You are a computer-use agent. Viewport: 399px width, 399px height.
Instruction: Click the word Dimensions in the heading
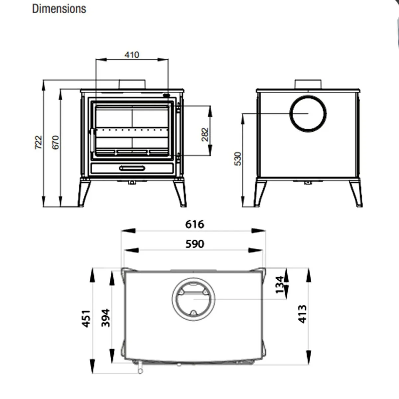pyautogui.click(x=59, y=9)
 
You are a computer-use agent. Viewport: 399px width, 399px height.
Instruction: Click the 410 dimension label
pyautogui.click(x=132, y=55)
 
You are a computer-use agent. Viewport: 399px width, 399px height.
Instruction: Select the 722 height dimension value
pyautogui.click(x=39, y=142)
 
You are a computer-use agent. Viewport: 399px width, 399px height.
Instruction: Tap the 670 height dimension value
pyautogui.click(x=56, y=142)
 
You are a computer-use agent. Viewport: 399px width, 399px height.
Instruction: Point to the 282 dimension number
pyautogui.click(x=205, y=135)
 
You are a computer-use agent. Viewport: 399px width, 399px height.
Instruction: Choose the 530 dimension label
pyautogui.click(x=238, y=159)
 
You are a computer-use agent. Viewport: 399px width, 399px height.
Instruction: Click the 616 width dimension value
pyautogui.click(x=195, y=224)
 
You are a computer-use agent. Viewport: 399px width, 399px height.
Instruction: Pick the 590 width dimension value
pyautogui.click(x=195, y=244)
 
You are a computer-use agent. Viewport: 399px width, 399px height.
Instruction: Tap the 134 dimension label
pyautogui.click(x=280, y=284)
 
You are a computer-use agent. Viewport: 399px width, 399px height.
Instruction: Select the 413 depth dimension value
pyautogui.click(x=302, y=314)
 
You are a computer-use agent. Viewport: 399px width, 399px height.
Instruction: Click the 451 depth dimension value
pyautogui.click(x=86, y=319)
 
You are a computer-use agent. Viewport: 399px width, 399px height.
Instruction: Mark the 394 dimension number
pyautogui.click(x=105, y=318)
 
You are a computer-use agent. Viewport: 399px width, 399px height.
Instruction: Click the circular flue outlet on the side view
pyautogui.click(x=308, y=113)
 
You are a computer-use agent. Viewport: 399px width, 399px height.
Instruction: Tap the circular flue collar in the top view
pyautogui.click(x=194, y=299)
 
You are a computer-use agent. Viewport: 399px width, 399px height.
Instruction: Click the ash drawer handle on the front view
pyautogui.click(x=132, y=168)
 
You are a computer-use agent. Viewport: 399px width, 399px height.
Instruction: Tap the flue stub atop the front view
pyautogui.click(x=132, y=84)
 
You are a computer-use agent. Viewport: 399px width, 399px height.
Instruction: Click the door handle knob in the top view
pyautogui.click(x=141, y=369)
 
